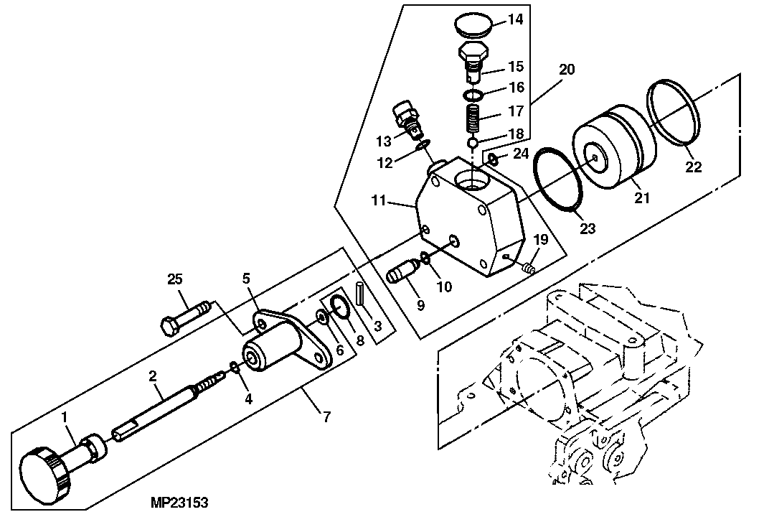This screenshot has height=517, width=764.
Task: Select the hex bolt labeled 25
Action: click(184, 318)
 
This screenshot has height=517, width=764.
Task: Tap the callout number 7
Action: click(326, 416)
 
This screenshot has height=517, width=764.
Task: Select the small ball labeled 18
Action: click(473, 143)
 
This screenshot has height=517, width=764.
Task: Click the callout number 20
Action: click(567, 70)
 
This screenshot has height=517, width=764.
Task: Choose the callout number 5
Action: click(245, 279)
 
